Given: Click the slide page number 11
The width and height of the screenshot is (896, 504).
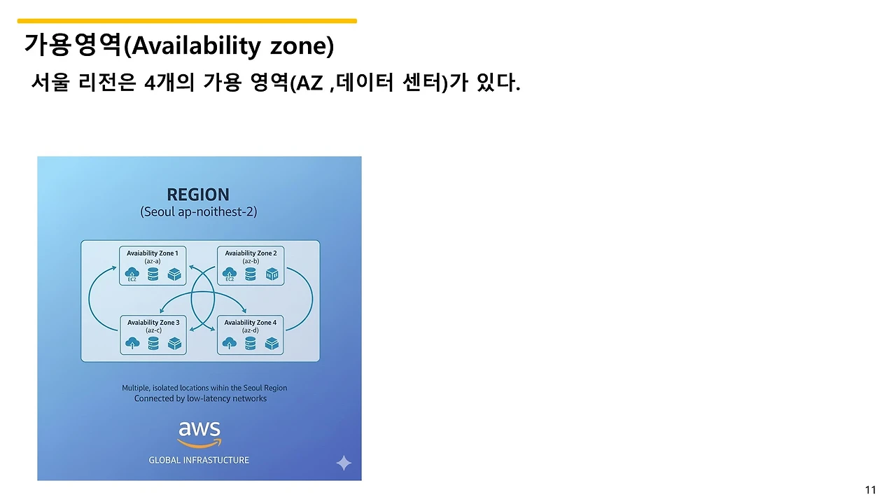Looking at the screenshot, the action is tap(870, 490).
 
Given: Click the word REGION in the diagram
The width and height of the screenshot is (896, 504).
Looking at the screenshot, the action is tap(198, 195).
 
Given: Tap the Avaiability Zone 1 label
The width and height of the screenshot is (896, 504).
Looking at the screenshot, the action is tap(153, 253).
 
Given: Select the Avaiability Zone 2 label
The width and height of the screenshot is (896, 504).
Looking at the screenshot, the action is tap(251, 253).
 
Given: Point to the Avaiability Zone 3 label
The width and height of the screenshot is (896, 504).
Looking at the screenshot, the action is tap(153, 323).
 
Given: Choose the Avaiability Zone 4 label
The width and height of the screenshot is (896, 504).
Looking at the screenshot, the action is tap(250, 323).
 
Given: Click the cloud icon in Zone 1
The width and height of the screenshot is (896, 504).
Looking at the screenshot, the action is tap(132, 274).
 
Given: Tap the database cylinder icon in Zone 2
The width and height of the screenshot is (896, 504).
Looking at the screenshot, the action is tap(251, 274).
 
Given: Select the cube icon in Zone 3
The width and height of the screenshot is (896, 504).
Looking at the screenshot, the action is tap(174, 343).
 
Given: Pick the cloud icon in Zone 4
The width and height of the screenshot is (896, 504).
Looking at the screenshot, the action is tap(229, 343).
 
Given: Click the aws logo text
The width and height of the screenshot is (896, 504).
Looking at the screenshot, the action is tap(199, 429).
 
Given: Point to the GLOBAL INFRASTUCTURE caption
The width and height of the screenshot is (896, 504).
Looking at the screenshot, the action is tap(199, 461).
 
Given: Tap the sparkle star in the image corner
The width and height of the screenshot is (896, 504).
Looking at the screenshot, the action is tap(344, 463).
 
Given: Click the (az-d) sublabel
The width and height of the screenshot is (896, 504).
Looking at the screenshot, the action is tap(251, 330).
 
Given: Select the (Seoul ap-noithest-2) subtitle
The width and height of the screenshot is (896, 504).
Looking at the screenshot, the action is tap(198, 212).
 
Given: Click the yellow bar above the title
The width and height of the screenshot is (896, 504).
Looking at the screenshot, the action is tap(187, 21).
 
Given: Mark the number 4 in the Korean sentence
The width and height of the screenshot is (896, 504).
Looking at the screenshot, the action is tap(150, 83).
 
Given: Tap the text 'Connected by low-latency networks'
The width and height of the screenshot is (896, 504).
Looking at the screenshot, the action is tap(200, 399).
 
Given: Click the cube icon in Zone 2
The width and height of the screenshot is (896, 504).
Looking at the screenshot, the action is tap(272, 274).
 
